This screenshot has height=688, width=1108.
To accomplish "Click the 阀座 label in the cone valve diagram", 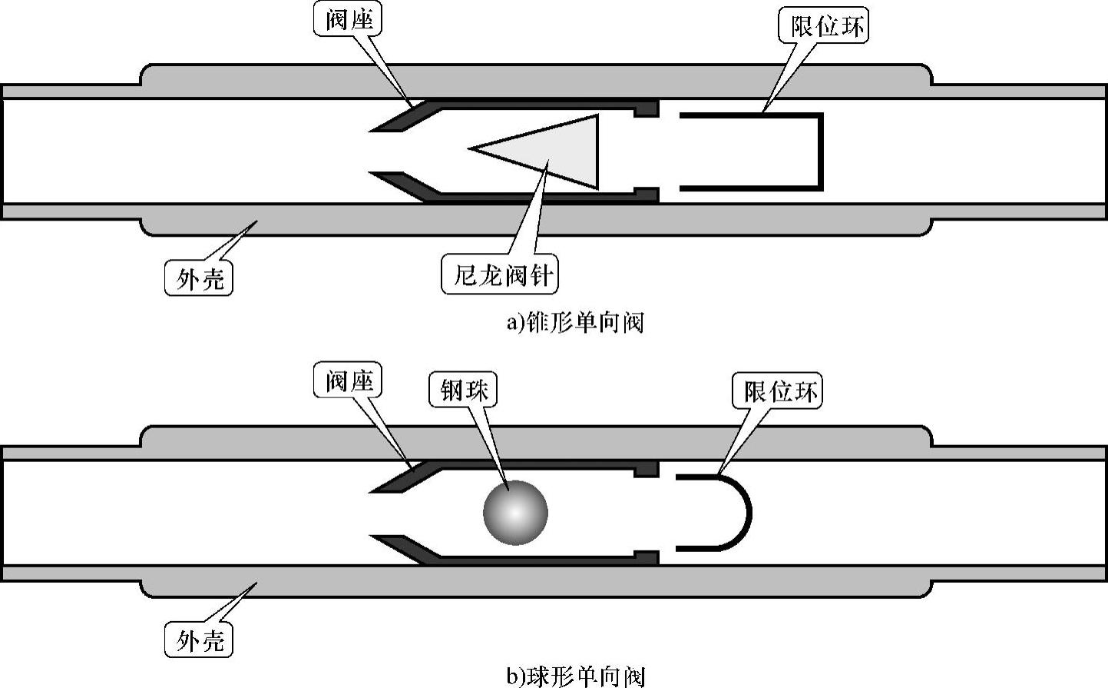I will click(348, 19).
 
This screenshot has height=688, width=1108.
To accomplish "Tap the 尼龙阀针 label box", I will click(500, 274).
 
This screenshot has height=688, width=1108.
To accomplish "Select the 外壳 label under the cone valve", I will click(199, 278).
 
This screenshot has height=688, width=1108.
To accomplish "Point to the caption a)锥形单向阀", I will click(574, 322).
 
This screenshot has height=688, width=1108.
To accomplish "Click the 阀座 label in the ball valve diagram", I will click(348, 381).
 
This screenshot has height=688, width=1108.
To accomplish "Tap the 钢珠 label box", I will click(463, 391).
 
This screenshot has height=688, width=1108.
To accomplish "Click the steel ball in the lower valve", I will click(515, 513).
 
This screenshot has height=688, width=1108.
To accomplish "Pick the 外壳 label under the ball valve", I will click(199, 640).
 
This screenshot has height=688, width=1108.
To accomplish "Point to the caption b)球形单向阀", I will click(575, 676).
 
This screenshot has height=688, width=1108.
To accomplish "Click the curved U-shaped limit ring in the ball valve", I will click(745, 513).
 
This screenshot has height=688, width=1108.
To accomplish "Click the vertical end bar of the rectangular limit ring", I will click(820, 151).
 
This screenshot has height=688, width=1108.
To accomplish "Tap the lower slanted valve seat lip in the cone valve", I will click(403, 184).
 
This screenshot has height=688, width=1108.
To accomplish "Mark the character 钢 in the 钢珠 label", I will click(451, 391).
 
